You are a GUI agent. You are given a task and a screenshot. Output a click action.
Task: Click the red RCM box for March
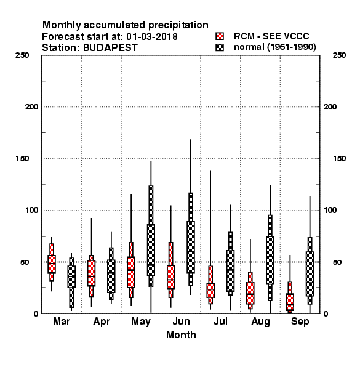coord(52,264)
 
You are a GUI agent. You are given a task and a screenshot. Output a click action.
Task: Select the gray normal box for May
coord(151,250)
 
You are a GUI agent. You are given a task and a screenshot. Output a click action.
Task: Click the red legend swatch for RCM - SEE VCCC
coord(220,36)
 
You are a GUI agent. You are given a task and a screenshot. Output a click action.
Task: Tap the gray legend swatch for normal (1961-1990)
coord(220,47)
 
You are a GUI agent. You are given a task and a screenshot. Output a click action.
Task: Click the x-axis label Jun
coord(181,322)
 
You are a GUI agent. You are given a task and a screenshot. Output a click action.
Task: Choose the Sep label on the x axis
coord(300,322)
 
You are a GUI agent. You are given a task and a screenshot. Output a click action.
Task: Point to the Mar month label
coord(62,322)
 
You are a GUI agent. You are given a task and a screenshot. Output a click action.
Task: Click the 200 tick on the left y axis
coord(31,107)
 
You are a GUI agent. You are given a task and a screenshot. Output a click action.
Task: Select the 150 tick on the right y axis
coord(339,159)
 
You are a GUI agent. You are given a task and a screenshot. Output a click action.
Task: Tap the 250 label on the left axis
coord(22,55)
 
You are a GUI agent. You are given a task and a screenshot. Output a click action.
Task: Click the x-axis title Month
coord(181,335)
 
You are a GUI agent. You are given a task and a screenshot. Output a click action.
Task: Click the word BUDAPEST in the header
coord(110,48)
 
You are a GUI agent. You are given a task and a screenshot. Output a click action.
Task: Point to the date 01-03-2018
coord(152,37)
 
